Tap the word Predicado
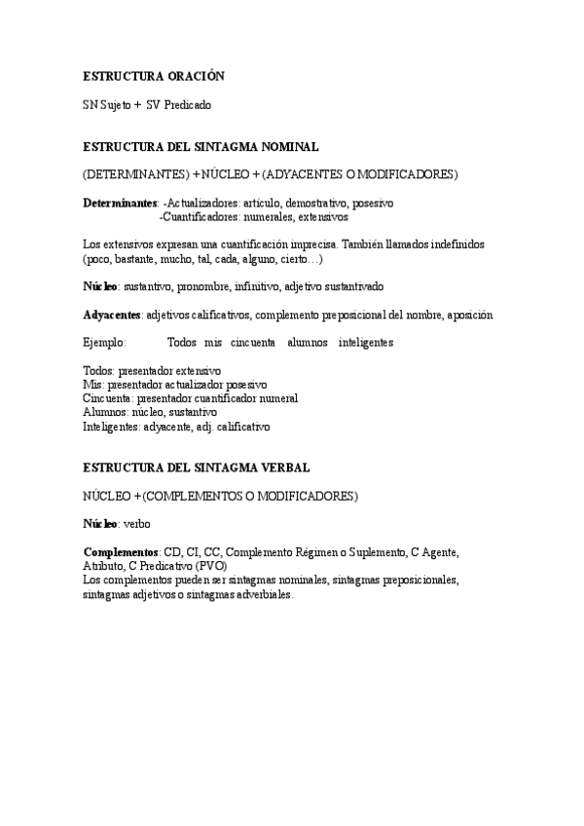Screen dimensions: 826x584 [x=188, y=104]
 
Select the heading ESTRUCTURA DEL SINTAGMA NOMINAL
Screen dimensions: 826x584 [x=201, y=147]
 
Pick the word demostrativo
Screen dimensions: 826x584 [x=314, y=203]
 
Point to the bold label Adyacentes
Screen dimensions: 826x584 [x=112, y=316]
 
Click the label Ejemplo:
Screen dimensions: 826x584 [x=104, y=343]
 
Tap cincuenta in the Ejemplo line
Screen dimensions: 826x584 [x=253, y=343]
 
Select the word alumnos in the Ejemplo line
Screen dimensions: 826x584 [x=308, y=343]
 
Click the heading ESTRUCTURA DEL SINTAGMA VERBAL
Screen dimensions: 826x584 [x=197, y=469]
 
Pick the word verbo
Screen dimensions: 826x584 [x=137, y=524]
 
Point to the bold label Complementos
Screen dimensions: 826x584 [x=121, y=552]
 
